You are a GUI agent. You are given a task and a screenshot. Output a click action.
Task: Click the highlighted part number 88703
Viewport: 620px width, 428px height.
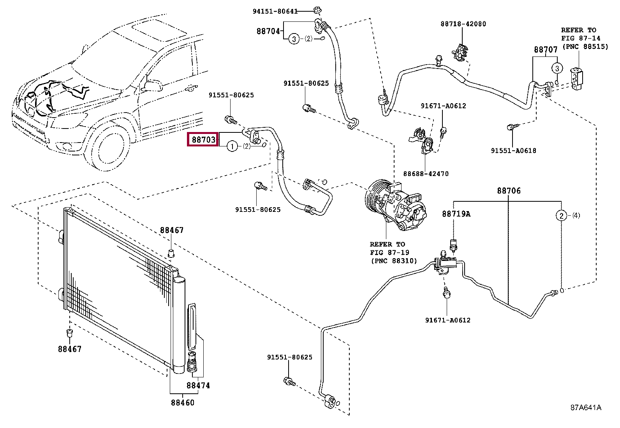pos(203,139)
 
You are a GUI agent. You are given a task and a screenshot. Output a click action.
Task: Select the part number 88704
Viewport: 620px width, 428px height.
pos(268,31)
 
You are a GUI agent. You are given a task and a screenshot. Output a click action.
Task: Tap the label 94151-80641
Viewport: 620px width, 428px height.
pos(275,11)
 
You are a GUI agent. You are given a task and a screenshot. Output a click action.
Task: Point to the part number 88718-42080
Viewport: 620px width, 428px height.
pos(463,24)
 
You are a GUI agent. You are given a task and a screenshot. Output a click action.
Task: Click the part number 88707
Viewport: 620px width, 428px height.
pos(546,50)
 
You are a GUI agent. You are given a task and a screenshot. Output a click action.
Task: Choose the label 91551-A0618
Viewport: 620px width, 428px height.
pos(513,151)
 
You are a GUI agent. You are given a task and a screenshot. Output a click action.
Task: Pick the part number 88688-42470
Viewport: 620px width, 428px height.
pos(426,174)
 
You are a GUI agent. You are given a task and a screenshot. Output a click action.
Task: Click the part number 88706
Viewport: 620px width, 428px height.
pos(509,191)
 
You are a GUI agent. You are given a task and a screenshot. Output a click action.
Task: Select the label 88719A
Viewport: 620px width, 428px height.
pos(456,214)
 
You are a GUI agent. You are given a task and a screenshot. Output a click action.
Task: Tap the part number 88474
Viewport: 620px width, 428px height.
pos(198,386)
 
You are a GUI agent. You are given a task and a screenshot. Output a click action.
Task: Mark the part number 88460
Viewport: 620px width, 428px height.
pos(183,403)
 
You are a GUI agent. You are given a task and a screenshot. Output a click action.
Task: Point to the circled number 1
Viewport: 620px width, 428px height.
pos(232,146)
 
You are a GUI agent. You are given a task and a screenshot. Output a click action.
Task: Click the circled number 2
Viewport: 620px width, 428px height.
pos(561,216)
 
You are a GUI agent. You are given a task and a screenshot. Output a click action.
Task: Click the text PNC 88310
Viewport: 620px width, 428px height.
pos(394,261)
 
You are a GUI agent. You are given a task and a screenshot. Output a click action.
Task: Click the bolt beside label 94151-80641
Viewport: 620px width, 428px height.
pos(317,10)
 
